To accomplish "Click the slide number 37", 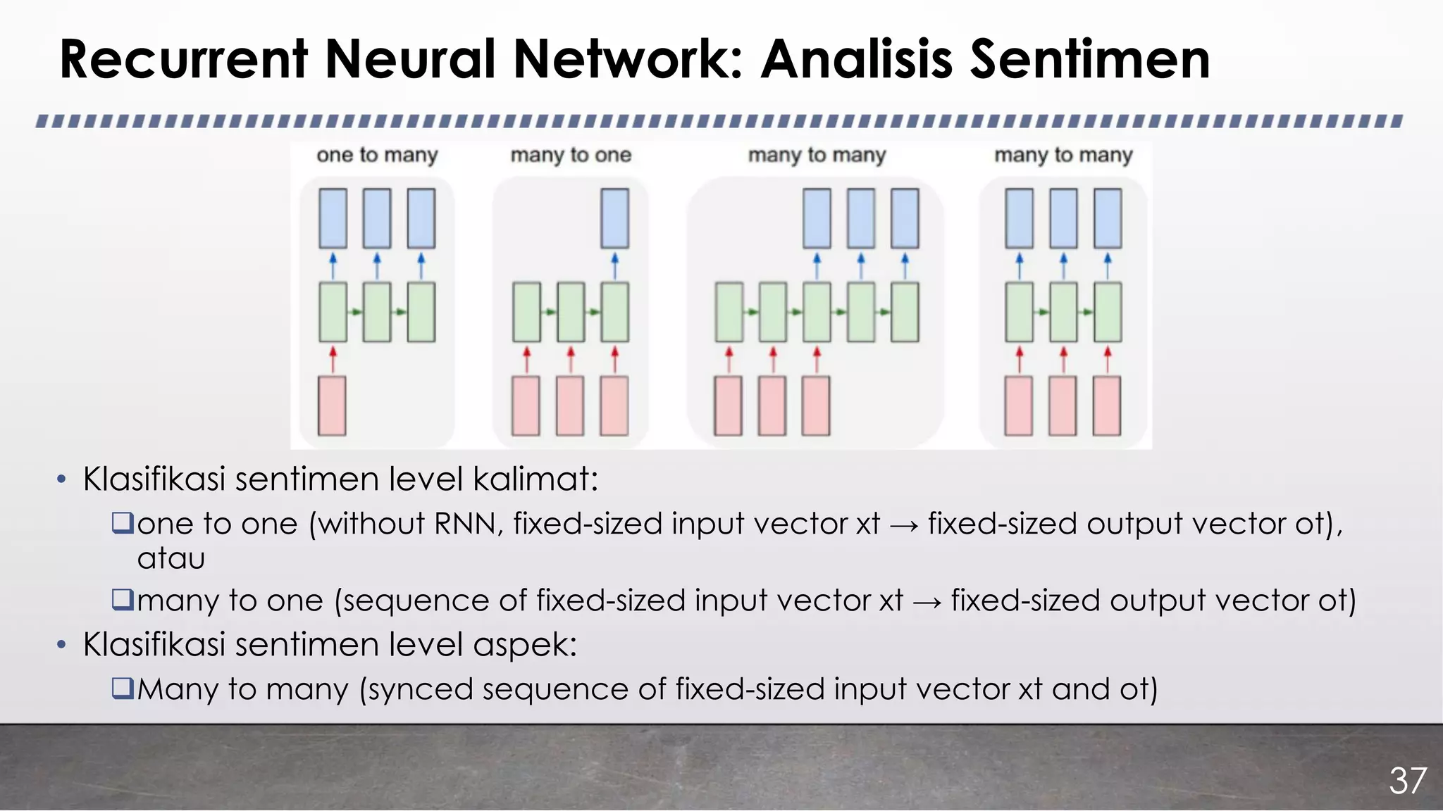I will (x=1407, y=781).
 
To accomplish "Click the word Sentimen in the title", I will (x=1090, y=59).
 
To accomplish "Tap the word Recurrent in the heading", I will (x=183, y=59).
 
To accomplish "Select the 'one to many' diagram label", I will (x=377, y=155).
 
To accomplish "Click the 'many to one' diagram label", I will (x=571, y=155).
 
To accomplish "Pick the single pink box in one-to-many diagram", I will (x=332, y=406).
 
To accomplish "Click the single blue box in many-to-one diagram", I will (x=614, y=218).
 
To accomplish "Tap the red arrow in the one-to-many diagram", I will (x=333, y=359).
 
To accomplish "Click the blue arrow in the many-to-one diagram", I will (x=614, y=266).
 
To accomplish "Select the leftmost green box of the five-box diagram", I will (x=729, y=312).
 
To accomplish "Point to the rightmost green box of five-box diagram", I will (x=905, y=312).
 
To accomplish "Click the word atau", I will (x=171, y=559).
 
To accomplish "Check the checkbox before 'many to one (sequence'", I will (x=123, y=600).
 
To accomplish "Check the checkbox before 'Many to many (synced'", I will (x=123, y=688).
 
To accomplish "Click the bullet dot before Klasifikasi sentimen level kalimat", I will (x=61, y=480).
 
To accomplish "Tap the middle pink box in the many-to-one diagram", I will (x=570, y=406).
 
